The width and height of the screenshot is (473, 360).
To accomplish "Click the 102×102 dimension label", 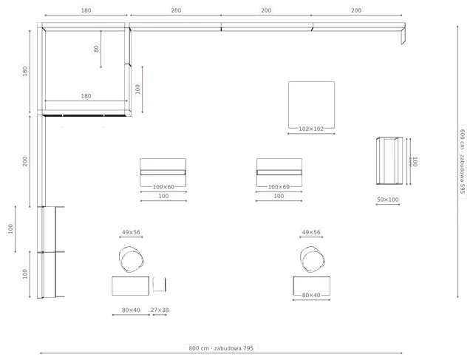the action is [311, 129].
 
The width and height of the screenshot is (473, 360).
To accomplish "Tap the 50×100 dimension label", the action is [387, 200].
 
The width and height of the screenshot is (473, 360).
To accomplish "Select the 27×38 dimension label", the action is [160, 310].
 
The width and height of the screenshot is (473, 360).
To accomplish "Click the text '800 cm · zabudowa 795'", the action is [221, 348].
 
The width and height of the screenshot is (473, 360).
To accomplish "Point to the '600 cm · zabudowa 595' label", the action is [463, 161].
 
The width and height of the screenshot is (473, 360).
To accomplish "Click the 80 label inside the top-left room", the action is [96, 49].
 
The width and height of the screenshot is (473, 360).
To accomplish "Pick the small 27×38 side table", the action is [160, 285].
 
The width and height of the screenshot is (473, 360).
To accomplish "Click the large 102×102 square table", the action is [311, 105].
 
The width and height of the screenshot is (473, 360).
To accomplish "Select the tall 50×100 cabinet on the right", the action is [389, 160].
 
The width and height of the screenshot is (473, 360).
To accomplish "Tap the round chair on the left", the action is [131, 259].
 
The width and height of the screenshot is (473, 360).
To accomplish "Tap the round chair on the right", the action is [313, 259].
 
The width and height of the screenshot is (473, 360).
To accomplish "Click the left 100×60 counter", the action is [163, 172].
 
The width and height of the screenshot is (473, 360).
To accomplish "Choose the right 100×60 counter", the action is [279, 172].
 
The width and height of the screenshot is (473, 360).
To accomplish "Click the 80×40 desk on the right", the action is [312, 286].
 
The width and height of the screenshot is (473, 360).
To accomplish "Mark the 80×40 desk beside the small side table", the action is [130, 286].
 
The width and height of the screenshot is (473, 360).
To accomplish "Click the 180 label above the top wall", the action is [86, 10].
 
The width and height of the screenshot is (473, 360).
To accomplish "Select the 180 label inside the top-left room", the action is [86, 96].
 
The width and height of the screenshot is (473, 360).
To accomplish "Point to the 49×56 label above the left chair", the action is [131, 232].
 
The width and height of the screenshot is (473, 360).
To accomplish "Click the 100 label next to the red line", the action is [137, 89].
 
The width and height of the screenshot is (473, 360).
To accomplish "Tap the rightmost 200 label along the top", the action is [356, 10].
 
